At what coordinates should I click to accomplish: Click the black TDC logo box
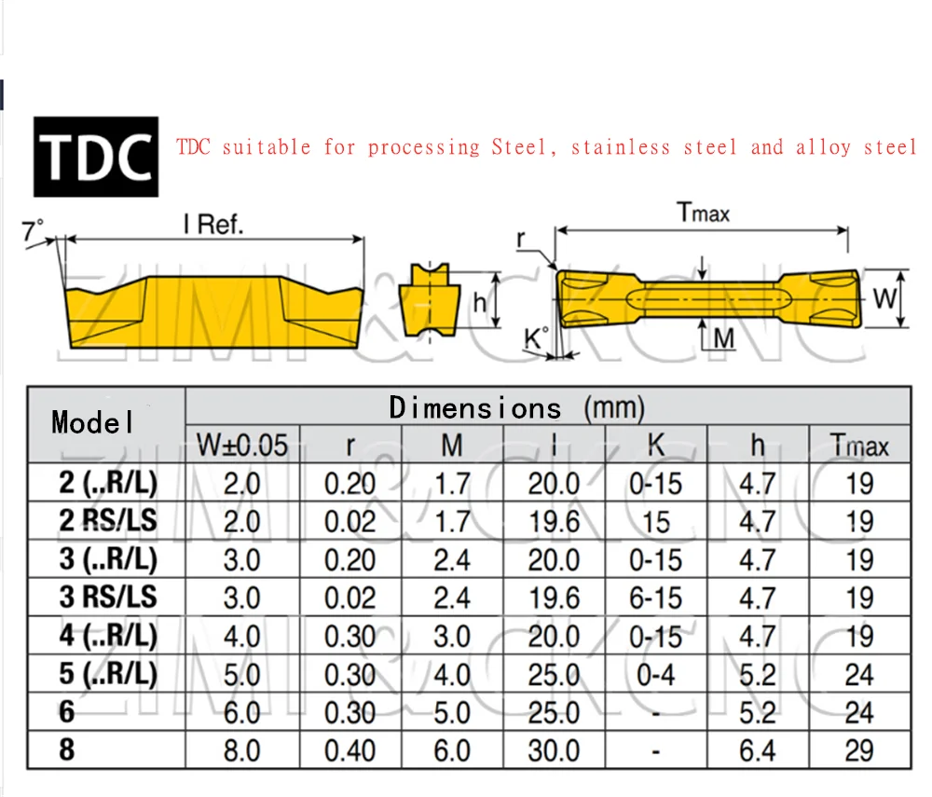[96, 156]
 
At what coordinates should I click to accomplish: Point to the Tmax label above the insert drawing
[704, 213]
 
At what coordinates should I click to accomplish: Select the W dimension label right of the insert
[885, 298]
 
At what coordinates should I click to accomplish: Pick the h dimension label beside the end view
[480, 301]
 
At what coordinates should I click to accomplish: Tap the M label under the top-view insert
[723, 338]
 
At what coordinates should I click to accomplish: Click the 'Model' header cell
[93, 422]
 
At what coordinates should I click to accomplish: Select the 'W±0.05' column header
[242, 446]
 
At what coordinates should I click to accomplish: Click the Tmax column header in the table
[859, 446]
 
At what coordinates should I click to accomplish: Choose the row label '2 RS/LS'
[108, 521]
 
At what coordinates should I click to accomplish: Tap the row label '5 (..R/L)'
[108, 674]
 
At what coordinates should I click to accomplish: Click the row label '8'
[67, 749]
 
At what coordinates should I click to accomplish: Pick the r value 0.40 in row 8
[349, 750]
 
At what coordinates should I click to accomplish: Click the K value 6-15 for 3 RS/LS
[655, 598]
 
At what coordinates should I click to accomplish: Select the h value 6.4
[757, 750]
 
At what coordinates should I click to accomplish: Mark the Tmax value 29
[858, 750]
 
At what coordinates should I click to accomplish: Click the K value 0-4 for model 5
[655, 674]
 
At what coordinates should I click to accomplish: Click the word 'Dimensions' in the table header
[475, 408]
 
